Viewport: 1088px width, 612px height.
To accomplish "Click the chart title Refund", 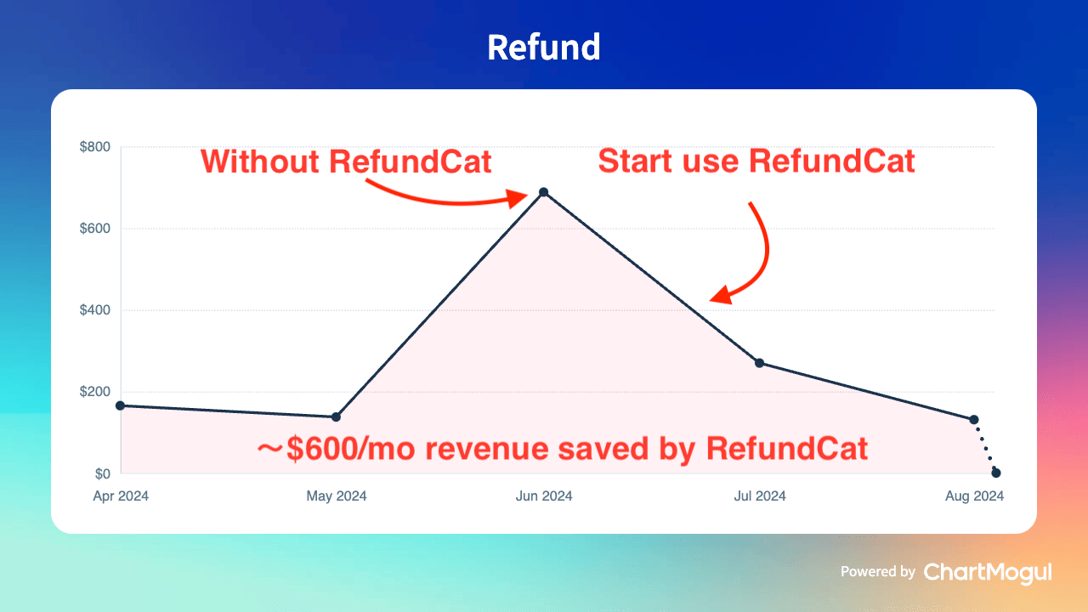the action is tap(543, 47).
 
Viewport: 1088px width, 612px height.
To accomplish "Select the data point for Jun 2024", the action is tap(544, 192).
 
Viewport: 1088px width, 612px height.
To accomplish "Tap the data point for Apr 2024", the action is tap(121, 405).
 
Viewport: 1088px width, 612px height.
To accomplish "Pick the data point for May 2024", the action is tap(336, 416).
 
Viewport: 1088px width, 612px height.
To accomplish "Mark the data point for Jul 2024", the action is tap(760, 363).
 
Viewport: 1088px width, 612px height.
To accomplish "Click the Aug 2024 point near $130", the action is tap(974, 419).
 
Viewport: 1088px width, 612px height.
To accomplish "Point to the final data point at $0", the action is tap(996, 473).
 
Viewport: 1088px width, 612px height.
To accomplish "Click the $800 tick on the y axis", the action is tap(94, 147).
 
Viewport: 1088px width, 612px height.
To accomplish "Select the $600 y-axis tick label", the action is tap(94, 229).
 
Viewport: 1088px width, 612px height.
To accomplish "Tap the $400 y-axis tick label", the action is tap(94, 310).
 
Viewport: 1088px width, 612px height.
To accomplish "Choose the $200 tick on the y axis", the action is tap(94, 392).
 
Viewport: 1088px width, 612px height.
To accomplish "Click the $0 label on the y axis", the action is tap(103, 473).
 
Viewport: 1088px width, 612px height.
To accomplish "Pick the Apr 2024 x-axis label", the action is tap(121, 496).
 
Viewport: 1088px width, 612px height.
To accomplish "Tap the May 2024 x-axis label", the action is tap(336, 496).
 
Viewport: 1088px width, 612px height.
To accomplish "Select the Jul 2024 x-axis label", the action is tap(760, 496).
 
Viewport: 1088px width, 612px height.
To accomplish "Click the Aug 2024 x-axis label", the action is tap(974, 496).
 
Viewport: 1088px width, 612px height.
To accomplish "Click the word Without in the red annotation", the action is tap(260, 161).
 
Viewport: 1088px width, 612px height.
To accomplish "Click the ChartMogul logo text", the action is tap(988, 573).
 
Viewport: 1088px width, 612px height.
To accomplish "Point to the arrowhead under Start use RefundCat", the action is tap(722, 295).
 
